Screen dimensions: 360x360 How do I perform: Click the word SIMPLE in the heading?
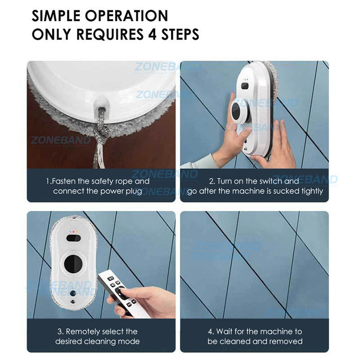pos(56,16)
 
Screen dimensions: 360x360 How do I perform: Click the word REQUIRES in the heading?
pos(109,34)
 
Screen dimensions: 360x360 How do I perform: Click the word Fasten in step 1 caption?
pos(63,181)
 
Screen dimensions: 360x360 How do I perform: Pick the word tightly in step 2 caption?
pos(311,191)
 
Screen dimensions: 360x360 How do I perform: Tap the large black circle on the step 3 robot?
pos(73,264)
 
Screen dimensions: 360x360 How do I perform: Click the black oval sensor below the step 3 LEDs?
pos(73,238)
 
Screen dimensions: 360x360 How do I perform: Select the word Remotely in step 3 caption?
pos(83,332)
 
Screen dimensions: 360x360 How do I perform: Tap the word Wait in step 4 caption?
pos(224,332)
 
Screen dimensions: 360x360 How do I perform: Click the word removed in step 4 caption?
pos(288,342)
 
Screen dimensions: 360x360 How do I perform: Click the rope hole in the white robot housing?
pos(101,106)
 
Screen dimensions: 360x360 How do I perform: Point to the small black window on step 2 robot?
pos(245,86)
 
